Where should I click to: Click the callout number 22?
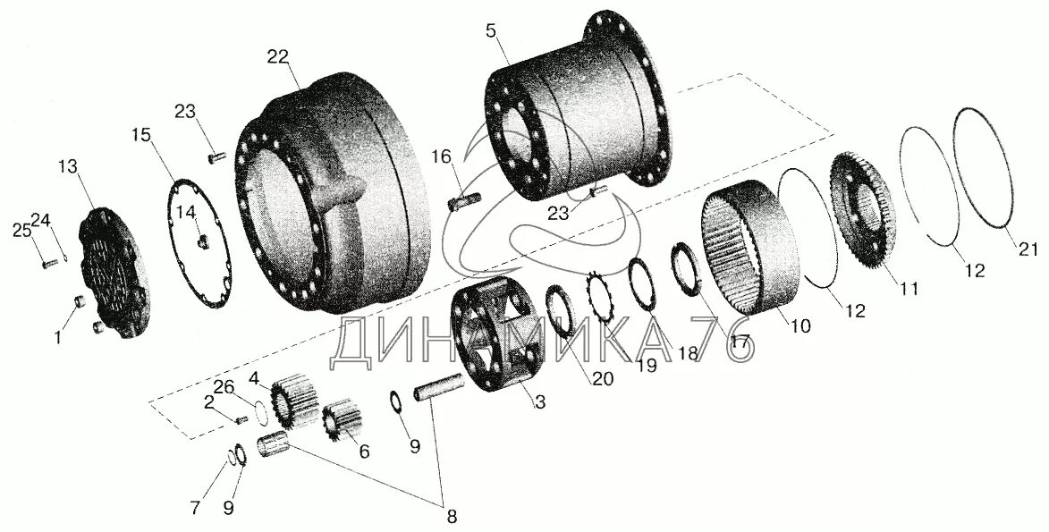278,55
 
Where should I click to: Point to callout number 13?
69,166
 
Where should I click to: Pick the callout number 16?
442,157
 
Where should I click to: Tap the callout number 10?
800,326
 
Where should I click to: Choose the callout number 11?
909,289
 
